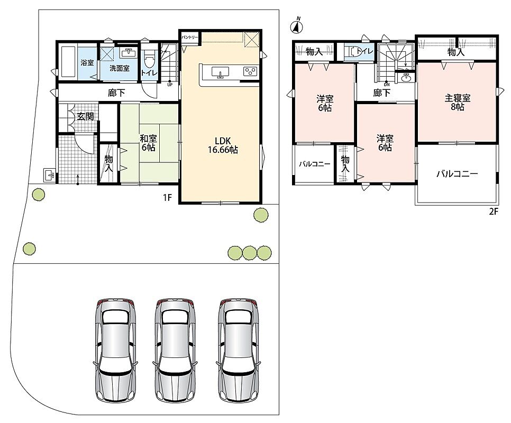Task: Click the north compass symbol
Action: click(297, 26)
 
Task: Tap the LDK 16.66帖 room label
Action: click(223, 145)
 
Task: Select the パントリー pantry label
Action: click(190, 37)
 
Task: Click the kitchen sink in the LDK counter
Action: click(220, 72)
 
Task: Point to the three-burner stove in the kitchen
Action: click(251, 71)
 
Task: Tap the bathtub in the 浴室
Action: click(68, 61)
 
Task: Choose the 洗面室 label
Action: click(119, 68)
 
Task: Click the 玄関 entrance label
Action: click(85, 116)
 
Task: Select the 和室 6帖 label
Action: click(148, 143)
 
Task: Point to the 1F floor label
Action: click(167, 197)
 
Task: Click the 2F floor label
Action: click(494, 212)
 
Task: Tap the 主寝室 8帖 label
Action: click(457, 102)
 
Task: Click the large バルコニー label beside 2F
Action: click(457, 173)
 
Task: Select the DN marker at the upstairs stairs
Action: click(387, 85)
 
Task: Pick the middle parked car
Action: click(175, 350)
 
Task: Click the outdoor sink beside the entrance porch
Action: click(49, 175)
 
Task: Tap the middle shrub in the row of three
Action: click(249, 253)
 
